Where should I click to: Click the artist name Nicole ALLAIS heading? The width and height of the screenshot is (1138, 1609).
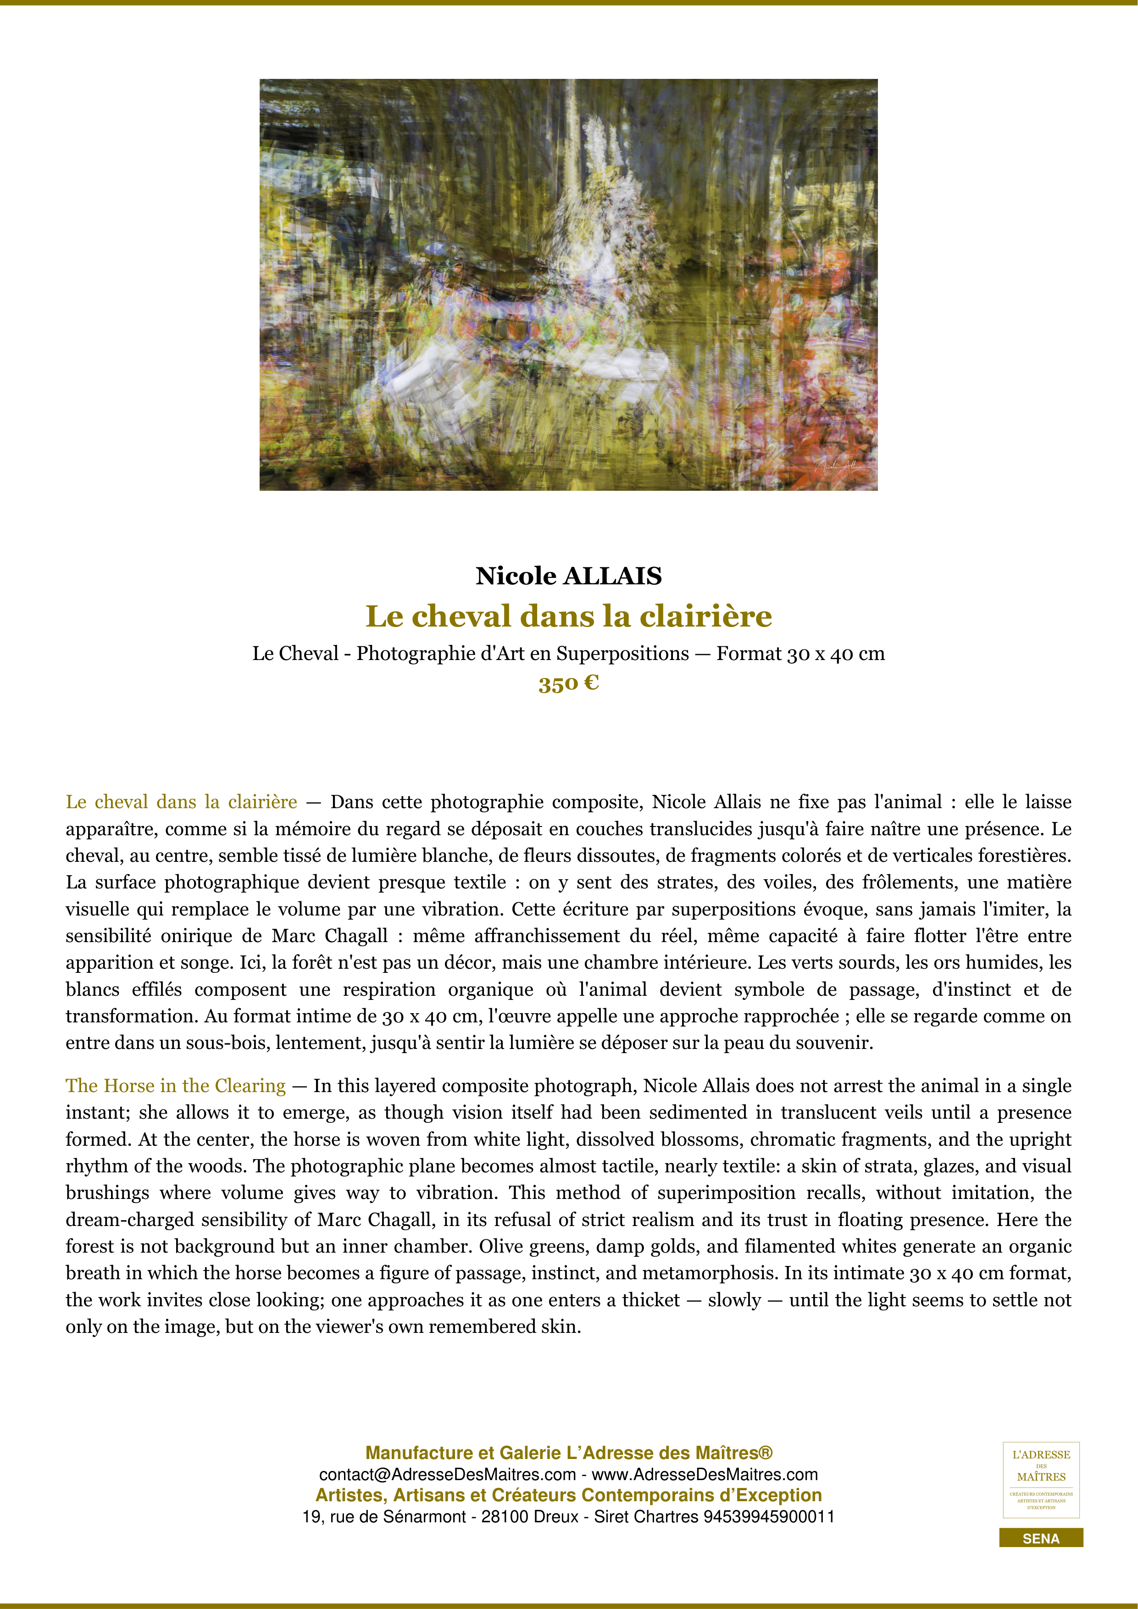tap(568, 576)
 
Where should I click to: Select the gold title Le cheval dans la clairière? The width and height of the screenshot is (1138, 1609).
tap(568, 616)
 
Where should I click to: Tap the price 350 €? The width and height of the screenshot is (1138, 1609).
tap(568, 683)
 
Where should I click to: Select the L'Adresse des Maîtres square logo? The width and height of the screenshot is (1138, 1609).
tap(1041, 1480)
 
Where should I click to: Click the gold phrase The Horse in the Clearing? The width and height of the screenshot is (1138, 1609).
tap(176, 1086)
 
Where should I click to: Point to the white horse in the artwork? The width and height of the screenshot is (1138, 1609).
tap(561, 308)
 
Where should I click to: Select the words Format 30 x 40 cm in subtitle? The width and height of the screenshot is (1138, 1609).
tap(800, 654)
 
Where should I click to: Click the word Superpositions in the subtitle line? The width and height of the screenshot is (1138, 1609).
tap(623, 654)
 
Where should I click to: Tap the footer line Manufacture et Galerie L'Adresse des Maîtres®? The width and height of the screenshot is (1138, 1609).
tap(568, 1454)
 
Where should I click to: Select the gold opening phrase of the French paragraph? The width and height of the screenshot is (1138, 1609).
tap(182, 802)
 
